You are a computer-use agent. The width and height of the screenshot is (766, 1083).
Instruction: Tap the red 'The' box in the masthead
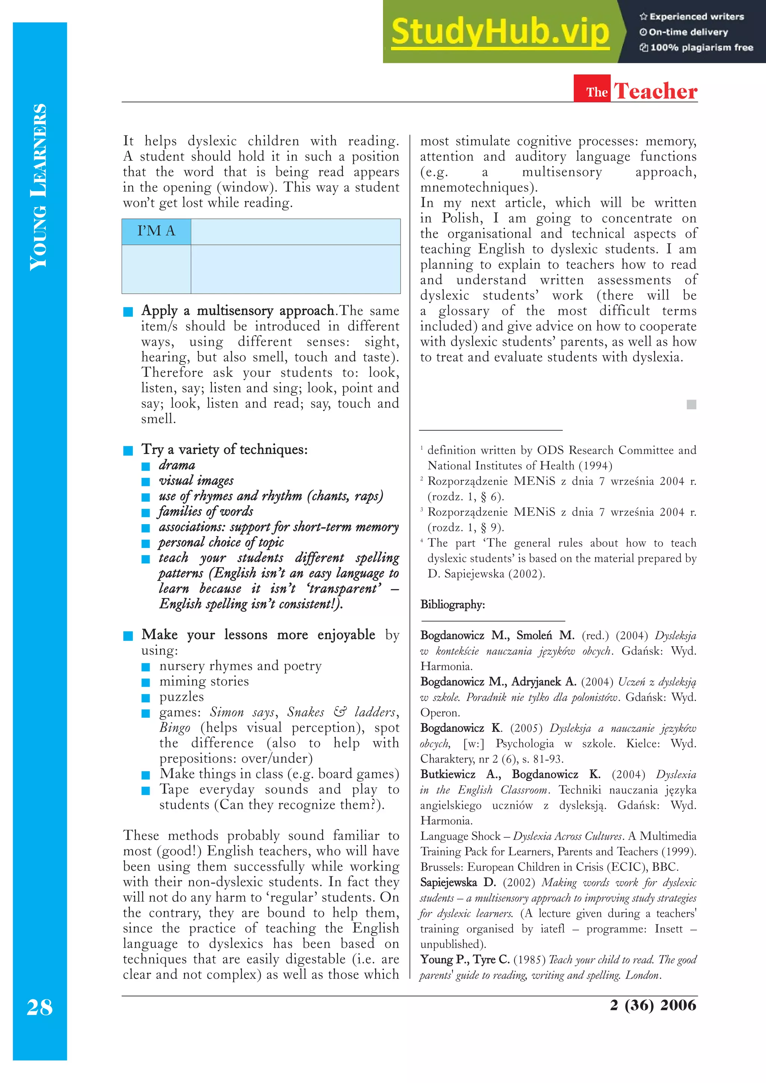[x=597, y=91]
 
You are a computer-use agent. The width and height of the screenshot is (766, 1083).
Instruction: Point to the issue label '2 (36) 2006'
[x=653, y=1005]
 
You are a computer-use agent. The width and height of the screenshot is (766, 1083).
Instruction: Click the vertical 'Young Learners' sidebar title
[x=39, y=187]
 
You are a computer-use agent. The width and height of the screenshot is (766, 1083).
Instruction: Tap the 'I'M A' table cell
[x=156, y=231]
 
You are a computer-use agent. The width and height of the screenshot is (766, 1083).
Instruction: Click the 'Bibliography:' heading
[x=453, y=605]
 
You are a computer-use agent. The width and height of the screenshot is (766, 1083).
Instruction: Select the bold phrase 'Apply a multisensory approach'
[x=238, y=311]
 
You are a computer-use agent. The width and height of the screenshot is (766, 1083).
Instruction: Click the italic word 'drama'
[x=177, y=465]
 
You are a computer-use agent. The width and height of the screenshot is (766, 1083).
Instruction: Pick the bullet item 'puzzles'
[x=182, y=697]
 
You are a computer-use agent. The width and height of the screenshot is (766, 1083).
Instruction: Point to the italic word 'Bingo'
[x=175, y=728]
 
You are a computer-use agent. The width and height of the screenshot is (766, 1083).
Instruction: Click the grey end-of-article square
[x=692, y=404]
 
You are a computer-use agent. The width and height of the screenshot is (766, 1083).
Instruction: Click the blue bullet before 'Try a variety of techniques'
[x=128, y=450]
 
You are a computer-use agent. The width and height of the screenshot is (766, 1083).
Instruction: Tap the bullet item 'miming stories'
[x=204, y=681]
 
